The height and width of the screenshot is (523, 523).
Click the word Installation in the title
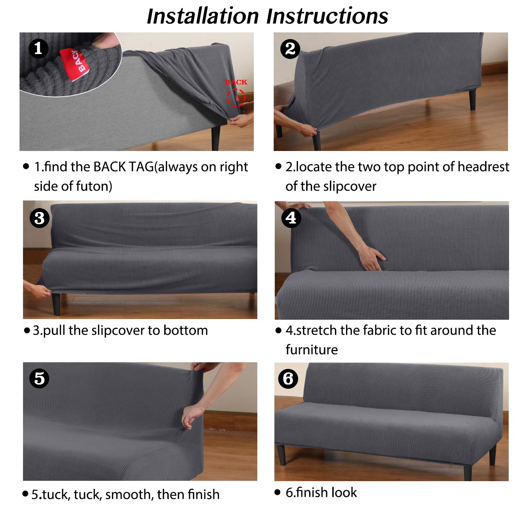[x=203, y=16]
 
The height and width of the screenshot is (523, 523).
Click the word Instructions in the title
[x=327, y=16]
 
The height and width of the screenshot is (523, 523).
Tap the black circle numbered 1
[x=38, y=48]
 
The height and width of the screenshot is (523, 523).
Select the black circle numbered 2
[x=290, y=49]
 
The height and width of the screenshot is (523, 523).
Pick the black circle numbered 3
[x=39, y=218]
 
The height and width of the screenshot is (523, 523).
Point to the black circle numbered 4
[x=291, y=218]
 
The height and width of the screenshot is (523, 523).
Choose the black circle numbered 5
[x=39, y=379]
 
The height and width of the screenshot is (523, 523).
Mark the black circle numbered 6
[x=288, y=379]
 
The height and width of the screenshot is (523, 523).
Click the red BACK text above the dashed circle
[x=236, y=82]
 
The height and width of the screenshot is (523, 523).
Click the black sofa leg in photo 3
[x=56, y=303]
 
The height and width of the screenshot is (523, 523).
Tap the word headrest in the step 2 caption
[x=484, y=167]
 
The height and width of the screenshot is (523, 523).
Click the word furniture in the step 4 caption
[x=312, y=350]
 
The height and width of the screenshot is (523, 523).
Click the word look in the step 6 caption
[x=344, y=493]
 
